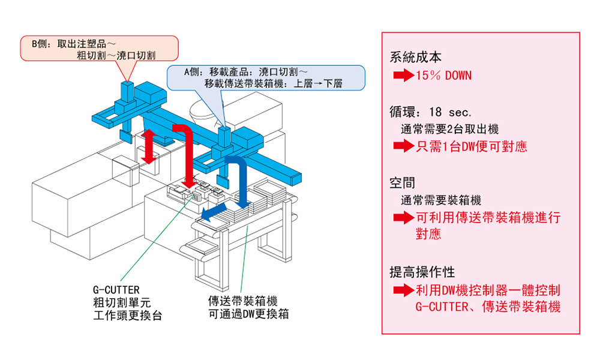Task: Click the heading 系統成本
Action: point(415,58)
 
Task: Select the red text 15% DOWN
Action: point(443,76)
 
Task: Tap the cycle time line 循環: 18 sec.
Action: point(431,112)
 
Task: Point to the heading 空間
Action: point(402,183)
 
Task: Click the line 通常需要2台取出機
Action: point(449,128)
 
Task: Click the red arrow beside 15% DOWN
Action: point(402,76)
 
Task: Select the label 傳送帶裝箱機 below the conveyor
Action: point(242,301)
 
